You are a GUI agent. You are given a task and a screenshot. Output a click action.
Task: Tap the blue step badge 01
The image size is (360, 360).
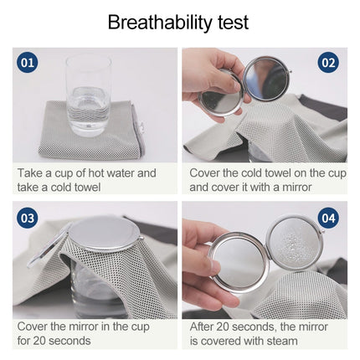(28, 63)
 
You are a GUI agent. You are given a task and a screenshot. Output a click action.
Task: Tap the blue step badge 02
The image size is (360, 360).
(328, 63)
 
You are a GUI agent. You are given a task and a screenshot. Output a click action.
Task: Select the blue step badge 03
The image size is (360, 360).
(28, 218)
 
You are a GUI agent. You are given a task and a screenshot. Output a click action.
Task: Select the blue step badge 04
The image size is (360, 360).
(328, 218)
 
